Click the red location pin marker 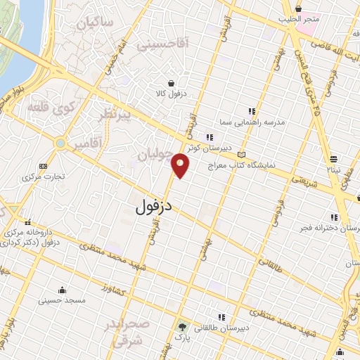coord(181,165)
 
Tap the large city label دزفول coord(157,207)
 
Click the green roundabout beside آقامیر coord(61,143)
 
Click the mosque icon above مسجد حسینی coord(63,290)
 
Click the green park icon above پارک coord(183,327)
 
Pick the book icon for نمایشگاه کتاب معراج coord(243,155)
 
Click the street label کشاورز coord(114,290)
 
